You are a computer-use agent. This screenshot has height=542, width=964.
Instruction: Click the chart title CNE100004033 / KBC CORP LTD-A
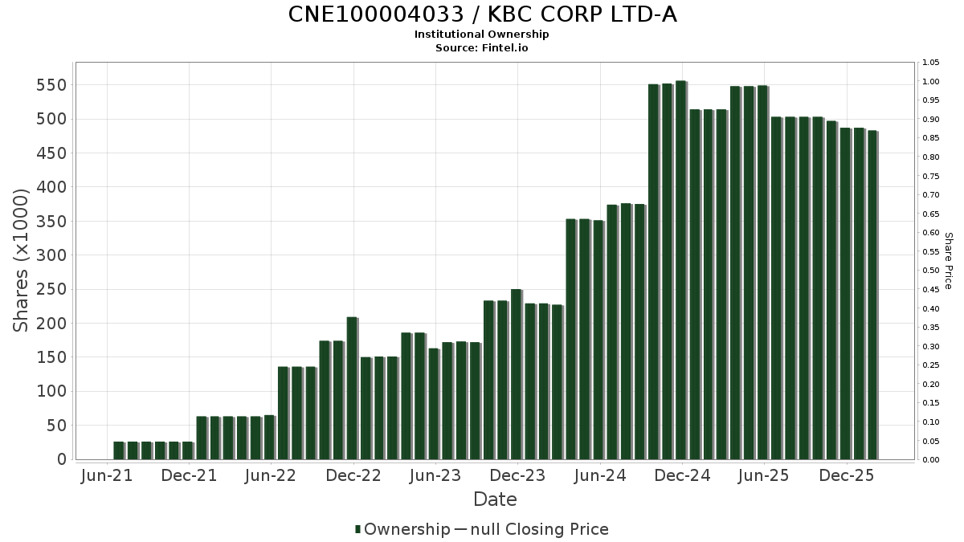pyautogui.click(x=482, y=14)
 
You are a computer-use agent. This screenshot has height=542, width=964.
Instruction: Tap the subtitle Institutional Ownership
pyautogui.click(x=482, y=35)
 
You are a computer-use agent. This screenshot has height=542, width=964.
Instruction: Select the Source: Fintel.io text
pyautogui.click(x=482, y=48)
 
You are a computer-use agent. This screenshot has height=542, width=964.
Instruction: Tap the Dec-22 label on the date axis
pyautogui.click(x=353, y=476)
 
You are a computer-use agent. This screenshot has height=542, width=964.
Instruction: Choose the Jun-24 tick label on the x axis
pyautogui.click(x=599, y=476)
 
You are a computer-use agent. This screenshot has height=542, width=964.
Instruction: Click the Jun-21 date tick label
pyautogui.click(x=107, y=476)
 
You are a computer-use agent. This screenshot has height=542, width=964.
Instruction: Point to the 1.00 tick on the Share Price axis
pyautogui.click(x=930, y=81)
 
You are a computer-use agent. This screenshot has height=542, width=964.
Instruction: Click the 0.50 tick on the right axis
pyautogui.click(x=930, y=271)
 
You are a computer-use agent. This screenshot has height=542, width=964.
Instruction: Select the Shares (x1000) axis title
pyautogui.click(x=22, y=260)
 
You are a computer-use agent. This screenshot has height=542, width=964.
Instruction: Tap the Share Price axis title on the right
pyautogui.click(x=948, y=261)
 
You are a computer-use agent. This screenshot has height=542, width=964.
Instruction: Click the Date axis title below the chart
pyautogui.click(x=495, y=499)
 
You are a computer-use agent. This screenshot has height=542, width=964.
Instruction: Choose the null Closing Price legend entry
pyautogui.click(x=532, y=529)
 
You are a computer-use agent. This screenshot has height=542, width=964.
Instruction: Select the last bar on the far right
pyautogui.click(x=872, y=295)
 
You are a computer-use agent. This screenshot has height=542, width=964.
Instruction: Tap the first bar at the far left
pyautogui.click(x=119, y=450)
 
